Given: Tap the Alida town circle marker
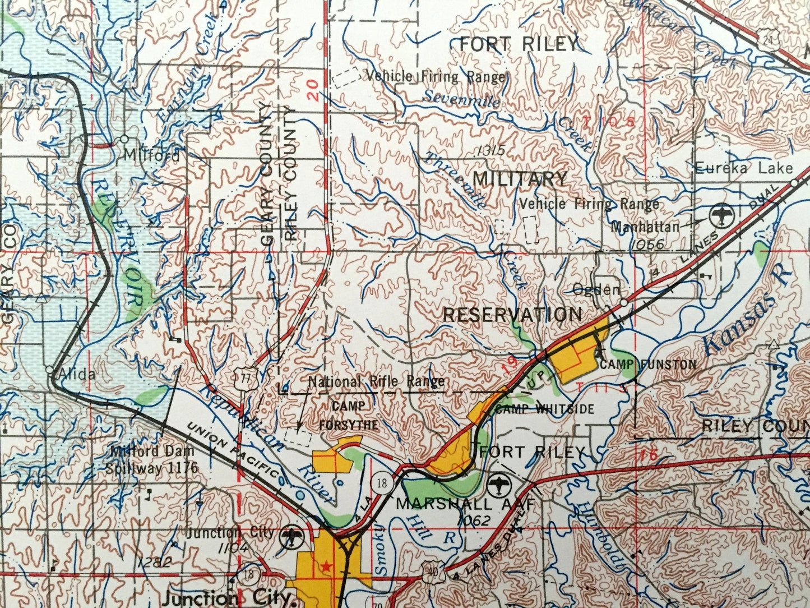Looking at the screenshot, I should [50, 370].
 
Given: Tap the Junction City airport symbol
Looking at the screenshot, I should [291, 536].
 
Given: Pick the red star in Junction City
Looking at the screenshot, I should [327, 567].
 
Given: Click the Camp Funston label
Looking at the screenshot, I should [648, 365].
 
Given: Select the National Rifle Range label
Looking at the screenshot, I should [377, 382].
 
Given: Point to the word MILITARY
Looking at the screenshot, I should [520, 179].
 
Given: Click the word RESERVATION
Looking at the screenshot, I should [512, 315].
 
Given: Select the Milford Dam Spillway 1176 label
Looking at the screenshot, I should [152, 459].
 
